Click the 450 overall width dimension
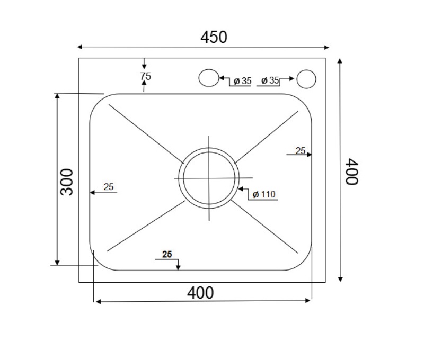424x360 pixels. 214,37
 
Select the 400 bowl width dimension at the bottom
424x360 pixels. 201,292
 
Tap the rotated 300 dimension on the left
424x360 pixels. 67,182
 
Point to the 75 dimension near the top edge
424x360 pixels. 145,76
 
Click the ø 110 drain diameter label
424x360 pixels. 263,194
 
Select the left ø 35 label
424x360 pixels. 242,81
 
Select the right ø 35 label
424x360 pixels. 270,80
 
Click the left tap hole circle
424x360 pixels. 208,78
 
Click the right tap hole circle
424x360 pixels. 306,78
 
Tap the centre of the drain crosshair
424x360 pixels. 209,178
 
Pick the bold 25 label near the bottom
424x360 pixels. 167,254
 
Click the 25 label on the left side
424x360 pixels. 109,187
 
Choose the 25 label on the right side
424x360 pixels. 300,150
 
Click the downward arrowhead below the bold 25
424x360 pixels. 178,267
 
